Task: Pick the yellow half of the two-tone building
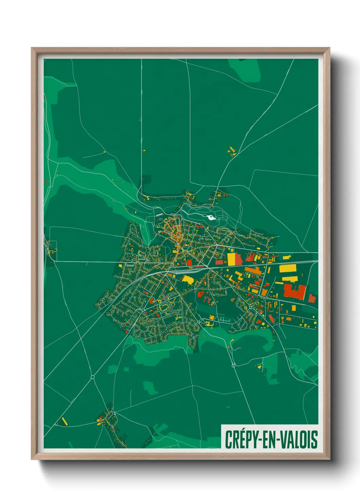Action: click(231, 259)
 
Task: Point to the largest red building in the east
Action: click(295, 292)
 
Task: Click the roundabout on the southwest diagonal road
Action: click(93, 377)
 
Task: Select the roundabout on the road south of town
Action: click(233, 366)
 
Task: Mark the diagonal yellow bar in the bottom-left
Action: click(64, 421)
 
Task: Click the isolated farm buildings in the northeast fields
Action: click(232, 151)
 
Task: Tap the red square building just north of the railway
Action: click(189, 262)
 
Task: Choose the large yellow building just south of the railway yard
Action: click(188, 280)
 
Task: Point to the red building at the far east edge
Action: click(312, 298)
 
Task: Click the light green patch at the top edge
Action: click(245, 70)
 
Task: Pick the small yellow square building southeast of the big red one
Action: click(294, 308)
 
